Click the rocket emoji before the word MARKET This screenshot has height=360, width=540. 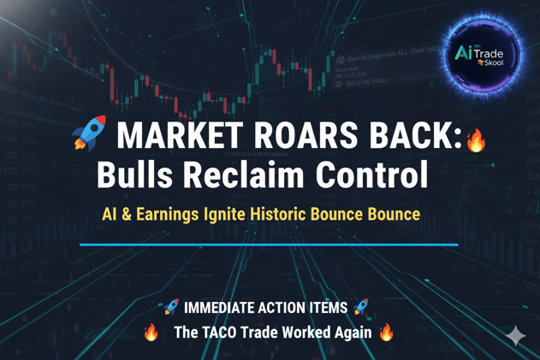click(x=89, y=135)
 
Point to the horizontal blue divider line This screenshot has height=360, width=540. click(x=268, y=245)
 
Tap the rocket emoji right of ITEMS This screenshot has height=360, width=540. click(x=360, y=307)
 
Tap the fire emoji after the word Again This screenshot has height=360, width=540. click(x=386, y=332)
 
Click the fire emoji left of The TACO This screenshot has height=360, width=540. click(x=151, y=332)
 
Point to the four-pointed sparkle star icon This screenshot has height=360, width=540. click(x=515, y=336)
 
